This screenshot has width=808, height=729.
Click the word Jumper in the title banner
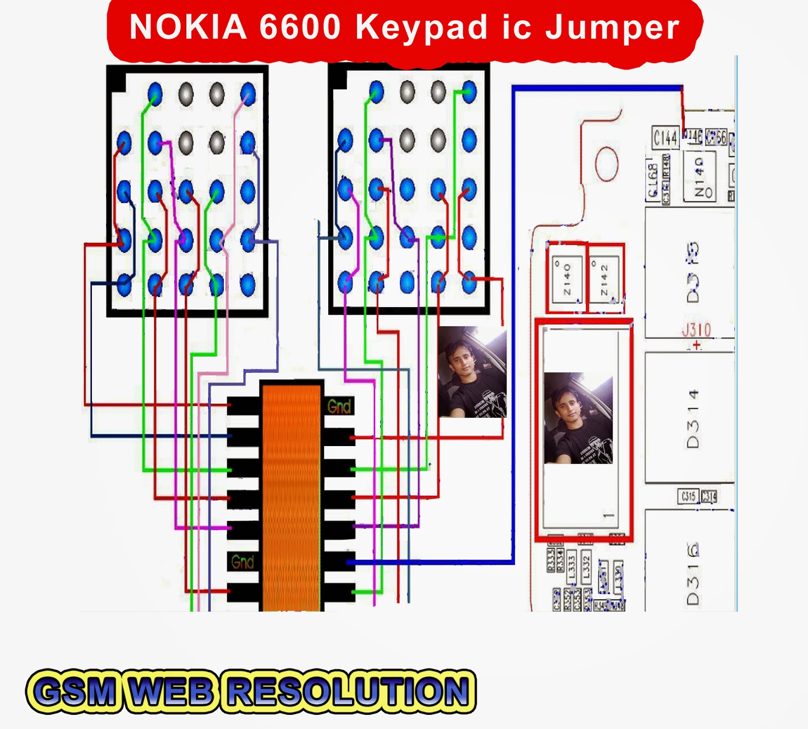click(x=612, y=28)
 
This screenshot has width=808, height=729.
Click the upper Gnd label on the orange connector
click(x=339, y=406)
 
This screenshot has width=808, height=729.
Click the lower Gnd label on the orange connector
click(x=242, y=562)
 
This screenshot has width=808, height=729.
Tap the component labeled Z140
click(x=567, y=279)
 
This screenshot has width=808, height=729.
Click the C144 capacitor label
click(x=665, y=138)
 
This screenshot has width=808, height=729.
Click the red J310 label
click(x=696, y=330)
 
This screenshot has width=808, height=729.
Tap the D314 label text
click(x=693, y=419)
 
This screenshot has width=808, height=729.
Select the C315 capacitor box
click(x=688, y=496)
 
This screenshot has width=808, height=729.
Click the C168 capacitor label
click(x=652, y=180)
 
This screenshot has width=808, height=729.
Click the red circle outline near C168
click(x=606, y=164)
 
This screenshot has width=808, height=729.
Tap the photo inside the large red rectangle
click(x=578, y=418)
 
